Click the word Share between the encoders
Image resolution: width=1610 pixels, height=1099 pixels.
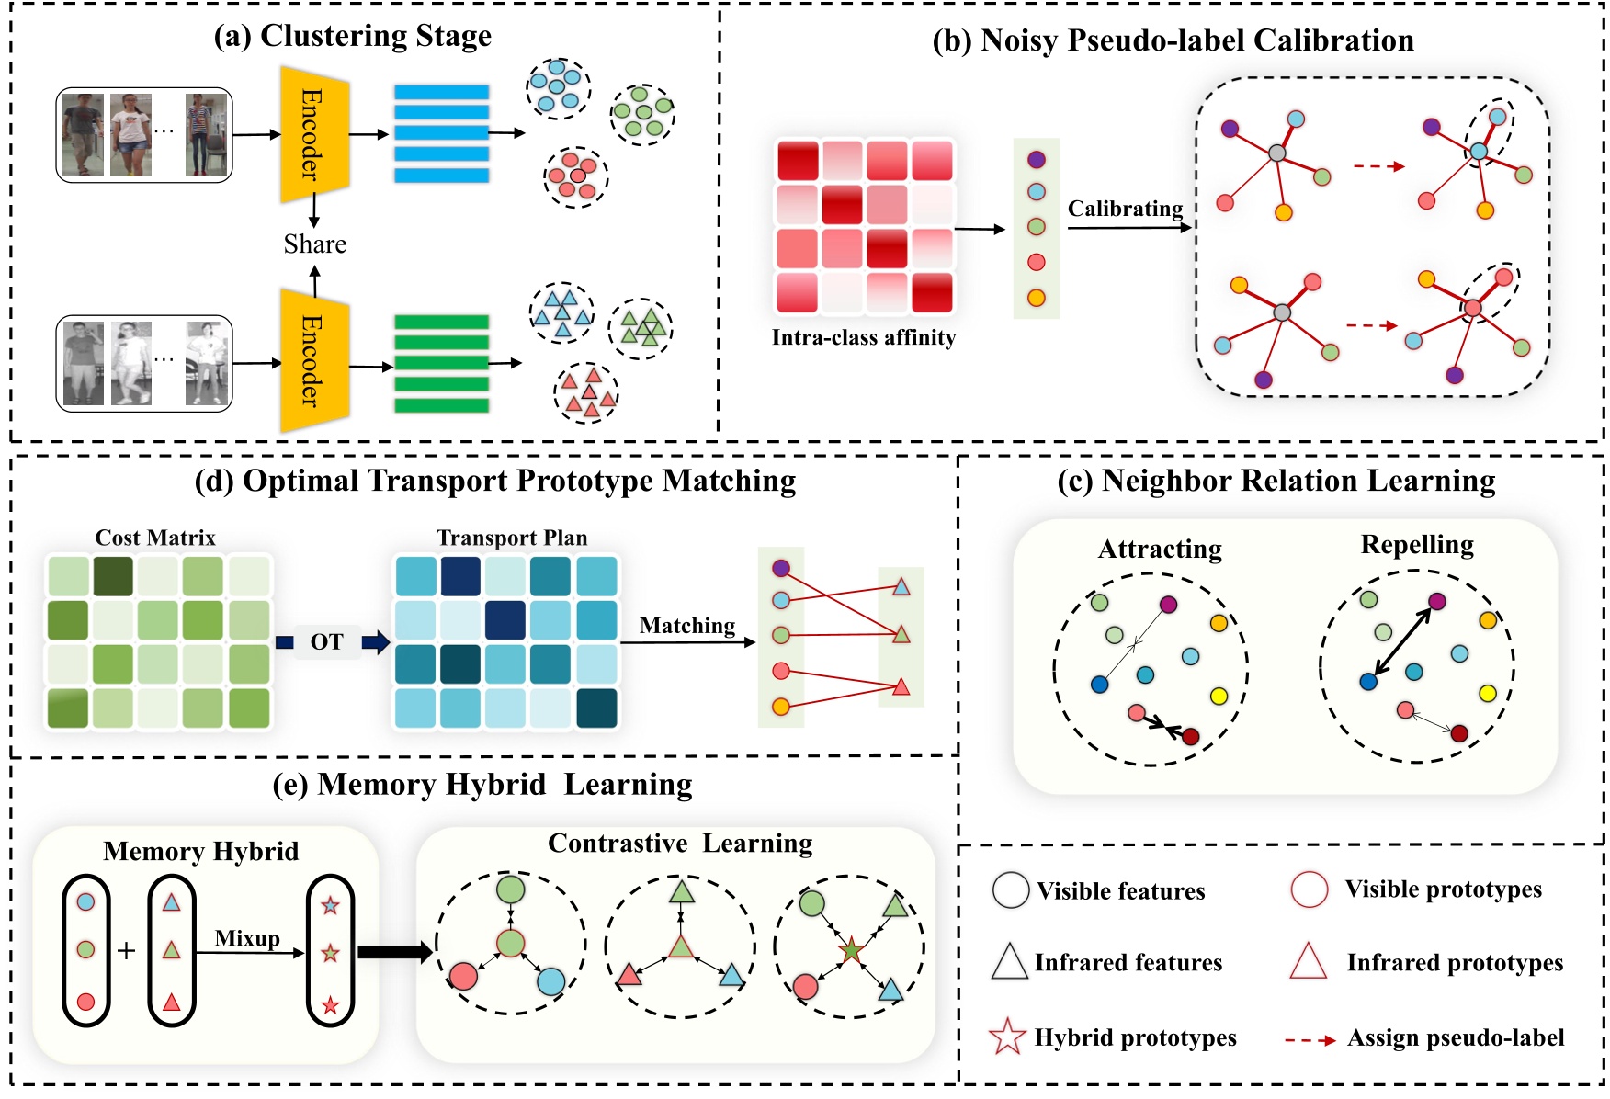[315, 244]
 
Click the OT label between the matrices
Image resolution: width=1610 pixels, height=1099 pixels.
[326, 641]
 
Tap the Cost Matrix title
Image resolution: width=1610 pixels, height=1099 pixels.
[155, 538]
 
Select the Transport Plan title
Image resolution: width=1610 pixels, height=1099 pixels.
[512, 538]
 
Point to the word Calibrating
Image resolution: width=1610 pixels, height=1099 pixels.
[1125, 209]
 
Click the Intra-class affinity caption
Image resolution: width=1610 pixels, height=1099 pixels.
[864, 337]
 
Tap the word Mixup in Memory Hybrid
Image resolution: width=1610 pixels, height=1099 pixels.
[247, 938]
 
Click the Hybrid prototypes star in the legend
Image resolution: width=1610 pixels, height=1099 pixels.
[1007, 1037]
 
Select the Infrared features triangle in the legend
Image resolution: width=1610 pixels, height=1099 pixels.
[1009, 962]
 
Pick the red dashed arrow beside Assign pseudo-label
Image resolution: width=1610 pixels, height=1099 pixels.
[1310, 1040]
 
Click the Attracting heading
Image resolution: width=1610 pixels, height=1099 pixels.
[1160, 549]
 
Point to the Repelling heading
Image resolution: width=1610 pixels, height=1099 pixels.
[1417, 545]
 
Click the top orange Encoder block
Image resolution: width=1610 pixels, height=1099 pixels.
[314, 134]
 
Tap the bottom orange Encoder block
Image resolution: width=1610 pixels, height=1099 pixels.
[314, 360]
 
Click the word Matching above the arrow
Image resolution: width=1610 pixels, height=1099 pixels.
[687, 626]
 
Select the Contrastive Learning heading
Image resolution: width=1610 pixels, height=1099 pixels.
[680, 844]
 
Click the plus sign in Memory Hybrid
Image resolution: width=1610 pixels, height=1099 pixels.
[127, 950]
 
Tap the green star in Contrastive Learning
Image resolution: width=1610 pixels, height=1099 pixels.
[851, 950]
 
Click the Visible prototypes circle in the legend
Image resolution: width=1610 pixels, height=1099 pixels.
[1310, 889]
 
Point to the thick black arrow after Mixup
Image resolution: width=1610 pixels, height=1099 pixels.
[394, 952]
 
